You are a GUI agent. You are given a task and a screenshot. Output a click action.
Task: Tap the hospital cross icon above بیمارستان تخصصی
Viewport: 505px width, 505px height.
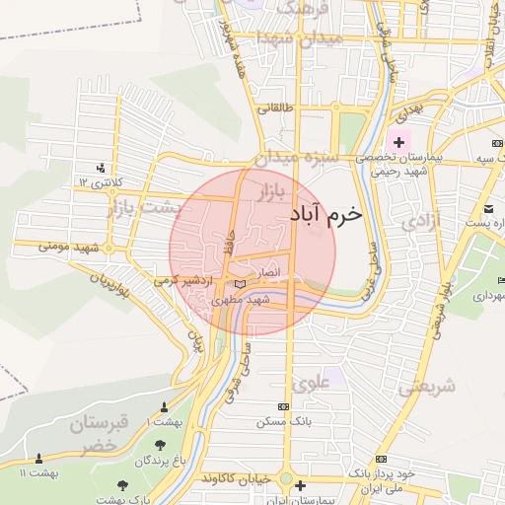click(398, 143)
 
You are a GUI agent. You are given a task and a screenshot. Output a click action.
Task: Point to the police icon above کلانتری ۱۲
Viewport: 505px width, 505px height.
click(101, 168)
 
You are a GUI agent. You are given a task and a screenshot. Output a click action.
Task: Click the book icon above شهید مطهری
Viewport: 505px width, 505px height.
click(241, 284)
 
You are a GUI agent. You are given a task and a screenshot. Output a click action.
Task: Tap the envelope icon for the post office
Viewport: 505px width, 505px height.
click(490, 208)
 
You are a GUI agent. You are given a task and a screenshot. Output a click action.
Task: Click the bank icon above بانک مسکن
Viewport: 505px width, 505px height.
click(284, 406)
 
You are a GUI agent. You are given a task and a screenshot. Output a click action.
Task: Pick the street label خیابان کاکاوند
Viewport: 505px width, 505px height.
click(236, 477)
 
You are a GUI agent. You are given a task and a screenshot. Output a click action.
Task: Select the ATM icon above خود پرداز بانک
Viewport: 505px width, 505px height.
click(382, 460)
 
